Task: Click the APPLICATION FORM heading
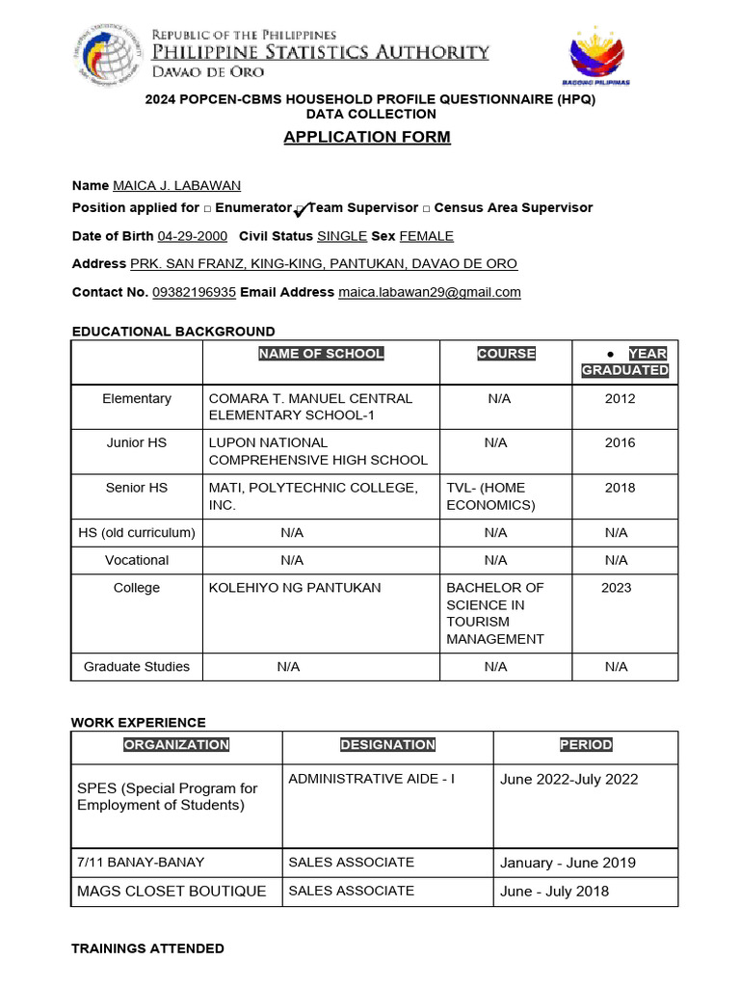point(367,137)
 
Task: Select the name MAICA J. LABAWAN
point(176,185)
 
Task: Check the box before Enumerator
point(207,208)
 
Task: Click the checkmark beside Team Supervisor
point(301,209)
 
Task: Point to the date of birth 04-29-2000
point(193,236)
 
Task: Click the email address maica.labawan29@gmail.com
point(430,292)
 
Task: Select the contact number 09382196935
point(194,292)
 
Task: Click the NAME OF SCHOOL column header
point(321,354)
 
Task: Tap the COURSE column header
point(506,354)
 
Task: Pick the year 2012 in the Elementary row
point(620,398)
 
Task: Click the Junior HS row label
point(136,442)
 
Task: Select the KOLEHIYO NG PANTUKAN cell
point(295,588)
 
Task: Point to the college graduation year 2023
point(616,588)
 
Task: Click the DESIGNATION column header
point(387,745)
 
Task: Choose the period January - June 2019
point(568,863)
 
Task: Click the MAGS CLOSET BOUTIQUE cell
point(172,892)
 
